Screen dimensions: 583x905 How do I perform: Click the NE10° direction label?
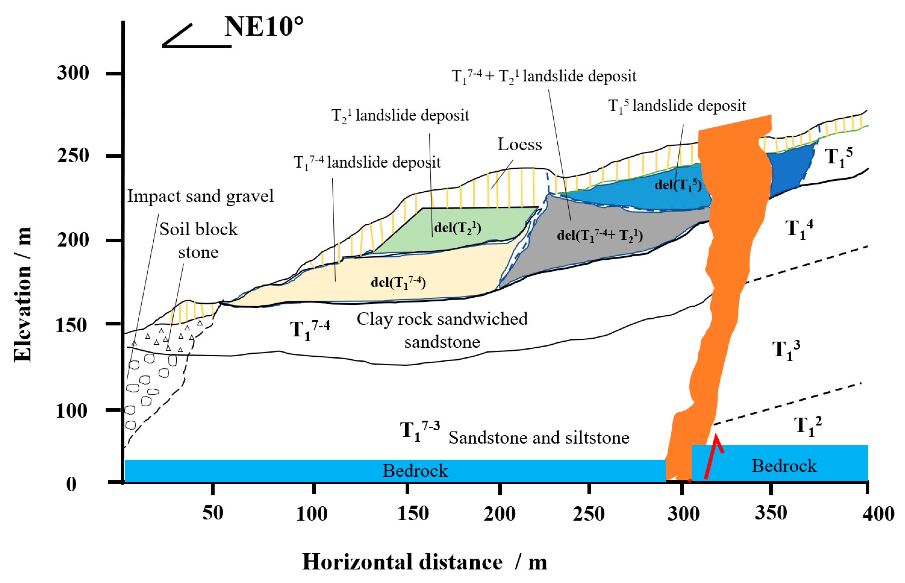[x=264, y=27]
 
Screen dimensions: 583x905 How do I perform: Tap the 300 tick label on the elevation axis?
[x=73, y=73]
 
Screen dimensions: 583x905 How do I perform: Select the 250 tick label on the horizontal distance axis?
[x=589, y=514]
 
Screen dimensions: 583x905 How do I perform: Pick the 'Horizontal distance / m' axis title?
[x=425, y=562]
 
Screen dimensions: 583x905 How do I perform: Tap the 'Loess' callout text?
[x=519, y=144]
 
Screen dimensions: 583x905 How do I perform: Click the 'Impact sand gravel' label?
[x=200, y=196]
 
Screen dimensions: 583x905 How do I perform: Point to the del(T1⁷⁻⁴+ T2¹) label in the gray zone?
[x=600, y=236]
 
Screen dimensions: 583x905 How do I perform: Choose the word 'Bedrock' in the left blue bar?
[x=415, y=470]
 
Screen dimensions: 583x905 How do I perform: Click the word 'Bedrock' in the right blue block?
[x=784, y=466]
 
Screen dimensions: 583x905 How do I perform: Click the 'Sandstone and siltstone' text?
[x=539, y=438]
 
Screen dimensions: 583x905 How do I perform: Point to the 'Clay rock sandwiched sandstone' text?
[x=442, y=331]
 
